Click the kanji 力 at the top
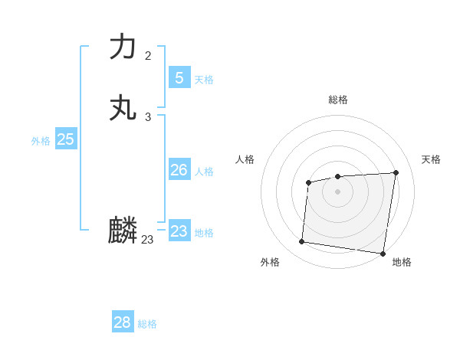[123, 47]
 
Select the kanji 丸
[123, 108]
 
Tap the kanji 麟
[123, 231]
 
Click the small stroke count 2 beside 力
[148, 56]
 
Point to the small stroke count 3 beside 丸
[148, 117]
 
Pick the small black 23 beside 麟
[148, 240]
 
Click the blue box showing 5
[179, 77]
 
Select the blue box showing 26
[179, 170]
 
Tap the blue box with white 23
[179, 231]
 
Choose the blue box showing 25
[66, 139]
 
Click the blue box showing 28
[123, 322]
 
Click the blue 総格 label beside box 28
[147, 324]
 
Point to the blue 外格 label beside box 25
[41, 141]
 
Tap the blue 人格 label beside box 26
[205, 172]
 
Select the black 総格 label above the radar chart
[338, 100]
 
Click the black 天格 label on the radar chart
[431, 159]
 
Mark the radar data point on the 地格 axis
[383, 254]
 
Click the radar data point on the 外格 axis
[302, 242]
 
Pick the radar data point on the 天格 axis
[396, 172]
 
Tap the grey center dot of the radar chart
[338, 191]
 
